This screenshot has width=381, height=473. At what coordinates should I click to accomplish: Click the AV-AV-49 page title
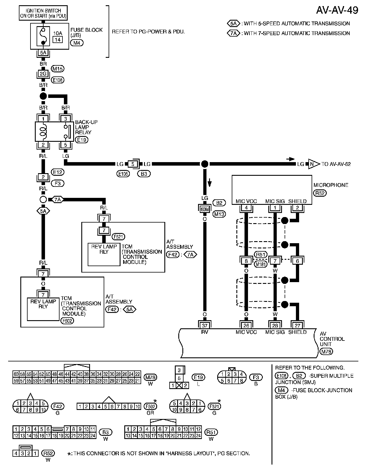(337, 10)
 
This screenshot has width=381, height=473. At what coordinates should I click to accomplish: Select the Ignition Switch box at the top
(43, 13)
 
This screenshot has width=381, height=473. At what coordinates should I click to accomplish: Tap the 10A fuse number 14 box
(58, 39)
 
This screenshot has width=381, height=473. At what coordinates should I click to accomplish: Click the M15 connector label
(57, 69)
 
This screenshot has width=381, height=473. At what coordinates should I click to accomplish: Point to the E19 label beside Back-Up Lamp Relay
(82, 140)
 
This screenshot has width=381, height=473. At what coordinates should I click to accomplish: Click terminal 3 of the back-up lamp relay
(66, 119)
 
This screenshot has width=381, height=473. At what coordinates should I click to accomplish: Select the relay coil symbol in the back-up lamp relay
(43, 131)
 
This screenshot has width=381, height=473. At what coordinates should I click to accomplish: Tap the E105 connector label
(123, 174)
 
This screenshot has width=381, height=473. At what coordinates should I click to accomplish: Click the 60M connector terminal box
(205, 209)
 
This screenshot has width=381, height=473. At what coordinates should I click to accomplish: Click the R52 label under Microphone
(320, 193)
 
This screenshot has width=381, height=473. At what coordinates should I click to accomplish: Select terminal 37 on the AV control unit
(205, 325)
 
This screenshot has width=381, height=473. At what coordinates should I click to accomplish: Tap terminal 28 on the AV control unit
(275, 325)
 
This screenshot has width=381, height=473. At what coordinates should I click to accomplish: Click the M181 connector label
(260, 264)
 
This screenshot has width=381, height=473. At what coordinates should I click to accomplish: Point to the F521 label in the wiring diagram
(118, 236)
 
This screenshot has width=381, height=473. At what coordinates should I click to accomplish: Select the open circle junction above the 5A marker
(43, 200)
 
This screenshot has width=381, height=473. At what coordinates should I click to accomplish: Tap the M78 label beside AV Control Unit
(326, 351)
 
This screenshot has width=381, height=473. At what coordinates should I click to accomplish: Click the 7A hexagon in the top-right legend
(233, 33)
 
